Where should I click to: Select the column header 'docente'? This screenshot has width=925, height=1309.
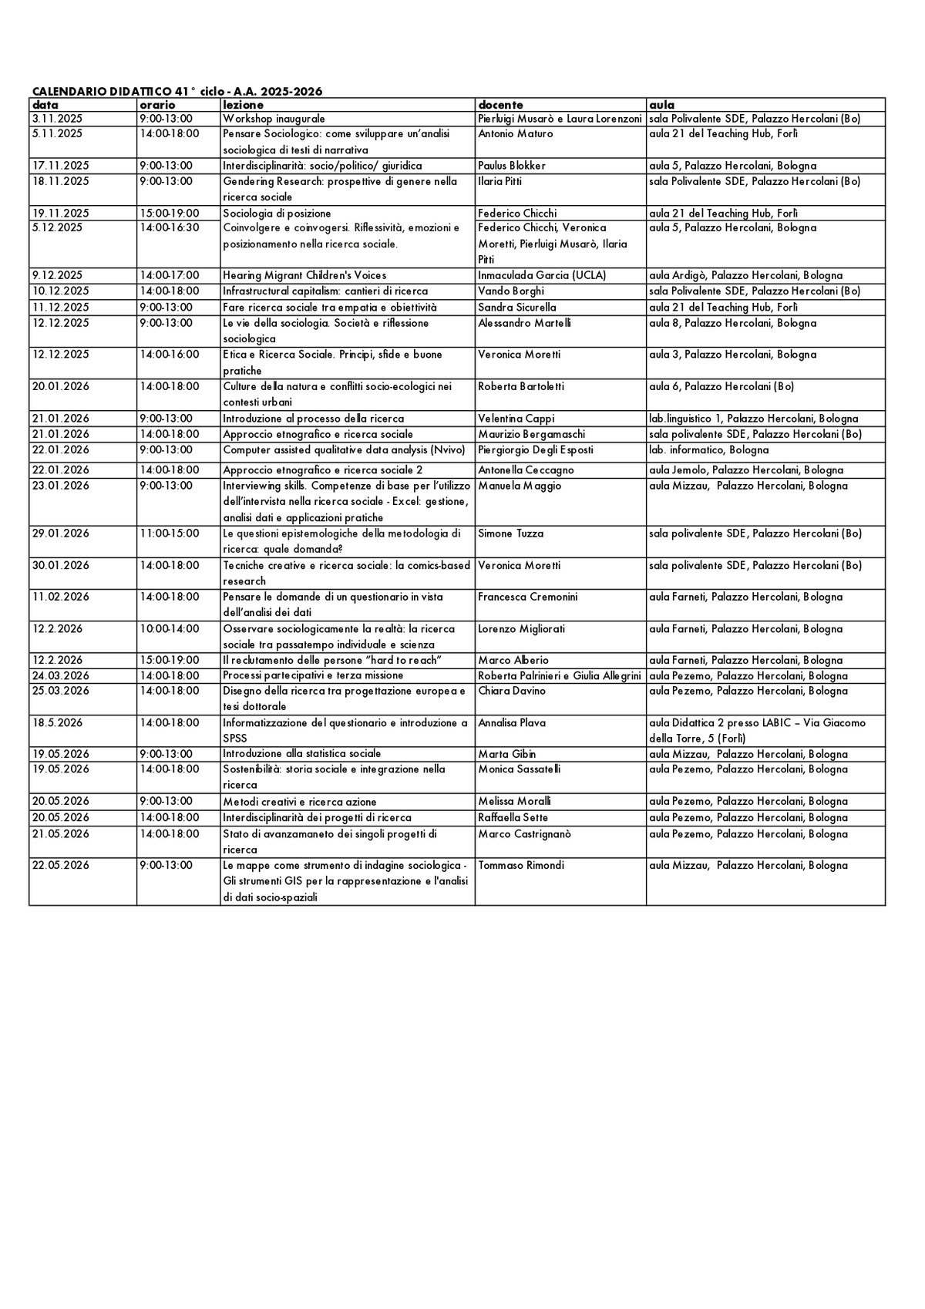click(x=500, y=105)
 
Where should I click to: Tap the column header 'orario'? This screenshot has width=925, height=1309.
click(x=157, y=105)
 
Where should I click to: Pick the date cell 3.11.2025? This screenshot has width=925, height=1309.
click(x=57, y=119)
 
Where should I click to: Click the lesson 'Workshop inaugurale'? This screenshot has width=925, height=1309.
click(x=274, y=119)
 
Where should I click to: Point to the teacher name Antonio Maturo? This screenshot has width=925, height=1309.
click(x=515, y=134)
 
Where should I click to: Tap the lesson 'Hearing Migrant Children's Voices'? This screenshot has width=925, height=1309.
click(x=304, y=275)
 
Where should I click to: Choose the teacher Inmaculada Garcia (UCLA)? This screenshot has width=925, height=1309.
click(x=542, y=275)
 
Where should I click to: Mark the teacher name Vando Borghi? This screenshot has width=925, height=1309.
click(x=510, y=291)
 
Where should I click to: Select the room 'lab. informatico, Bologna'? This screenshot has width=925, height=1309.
click(x=708, y=450)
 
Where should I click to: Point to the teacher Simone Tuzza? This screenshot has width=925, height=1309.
click(x=510, y=533)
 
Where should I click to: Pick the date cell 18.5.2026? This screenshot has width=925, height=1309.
click(x=57, y=723)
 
